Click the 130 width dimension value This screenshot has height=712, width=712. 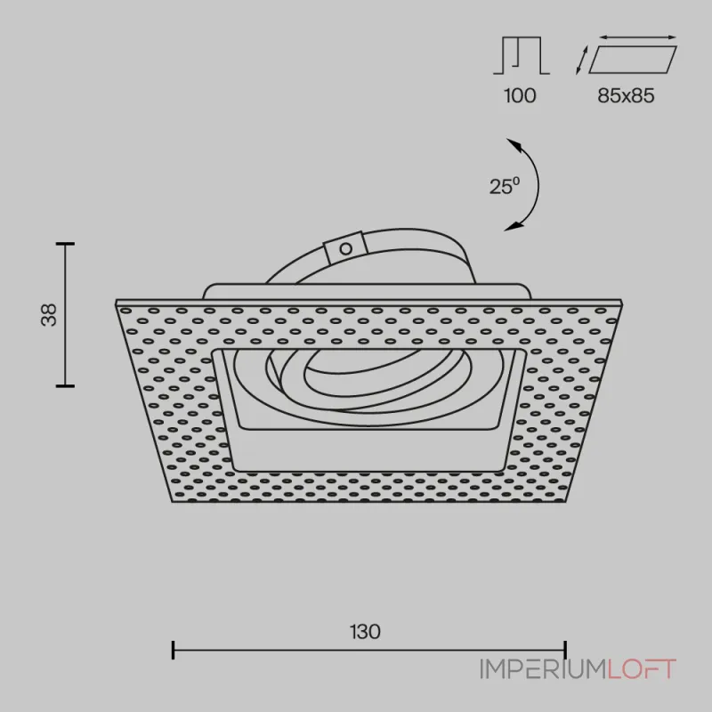tap(365, 632)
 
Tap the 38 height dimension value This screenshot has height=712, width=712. tap(49, 315)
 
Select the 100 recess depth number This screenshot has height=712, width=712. tap(520, 96)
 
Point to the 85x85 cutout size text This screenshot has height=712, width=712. tap(626, 96)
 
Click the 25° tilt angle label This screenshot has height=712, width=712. tap(505, 186)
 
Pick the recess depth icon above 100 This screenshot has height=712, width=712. tap(522, 55)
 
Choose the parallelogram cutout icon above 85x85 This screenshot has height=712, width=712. tap(633, 59)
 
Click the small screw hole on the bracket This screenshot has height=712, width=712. tap(346, 248)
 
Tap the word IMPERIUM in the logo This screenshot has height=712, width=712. tap(544, 669)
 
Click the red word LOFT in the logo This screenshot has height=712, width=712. tap(642, 669)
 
